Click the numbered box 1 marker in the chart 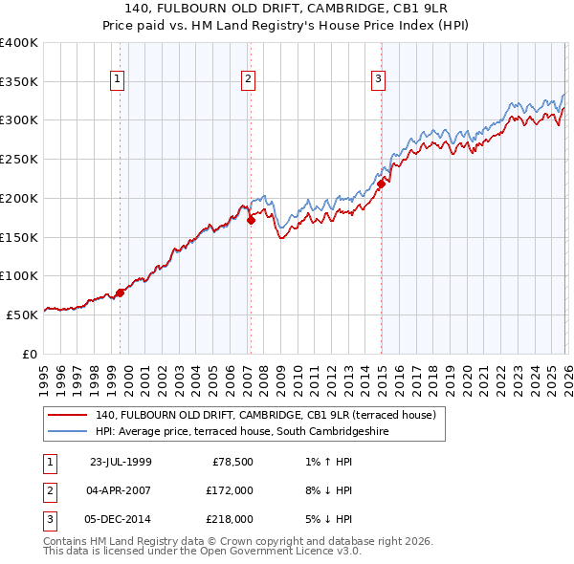(x=118, y=79)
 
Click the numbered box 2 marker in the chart (x=248, y=79)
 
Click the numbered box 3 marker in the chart (x=378, y=79)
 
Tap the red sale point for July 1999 (x=121, y=293)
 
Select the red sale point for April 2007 (x=251, y=220)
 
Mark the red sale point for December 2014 (x=381, y=184)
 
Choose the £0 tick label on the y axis (x=29, y=354)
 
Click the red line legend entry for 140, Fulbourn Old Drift (x=265, y=415)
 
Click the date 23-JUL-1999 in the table (x=121, y=462)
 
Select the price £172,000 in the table (x=230, y=490)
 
